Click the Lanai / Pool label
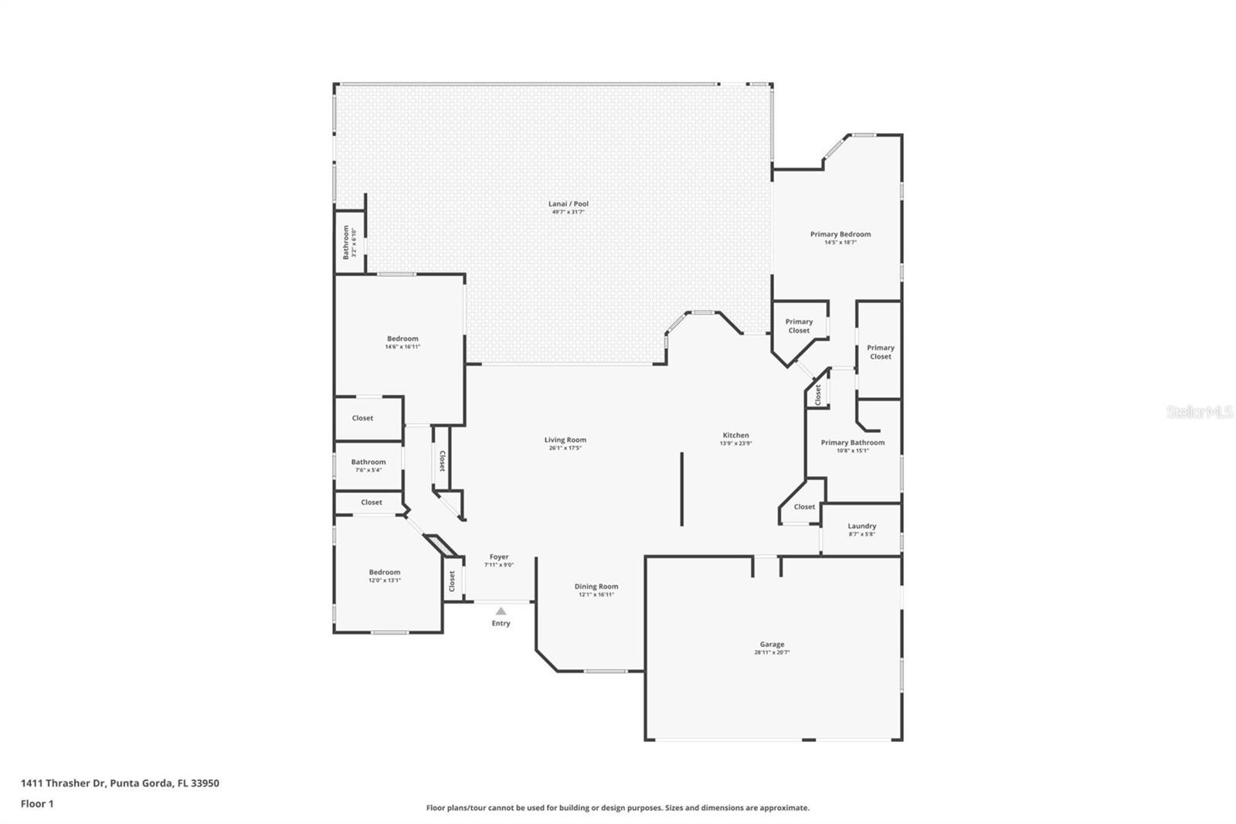pos(568,204)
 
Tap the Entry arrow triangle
pos(501,611)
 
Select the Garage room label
pos(772,644)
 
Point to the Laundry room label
pos(861,526)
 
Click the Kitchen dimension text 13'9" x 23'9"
pos(735,444)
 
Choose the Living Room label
pos(565,440)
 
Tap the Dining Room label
pos(596,586)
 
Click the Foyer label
pos(499,557)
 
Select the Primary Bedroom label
pos(840,234)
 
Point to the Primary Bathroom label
pos(852,443)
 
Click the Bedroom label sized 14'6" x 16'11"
pos(402,339)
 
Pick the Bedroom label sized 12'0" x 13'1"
pos(384,572)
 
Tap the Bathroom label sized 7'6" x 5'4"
pos(368,461)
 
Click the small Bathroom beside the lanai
pos(346,242)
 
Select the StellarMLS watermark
pos(1199,412)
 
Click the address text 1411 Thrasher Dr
pos(63,783)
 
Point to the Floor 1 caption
pos(37,804)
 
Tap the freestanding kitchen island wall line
pos(681,489)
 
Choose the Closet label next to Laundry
pos(804,507)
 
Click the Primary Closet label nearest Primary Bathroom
pos(880,352)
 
